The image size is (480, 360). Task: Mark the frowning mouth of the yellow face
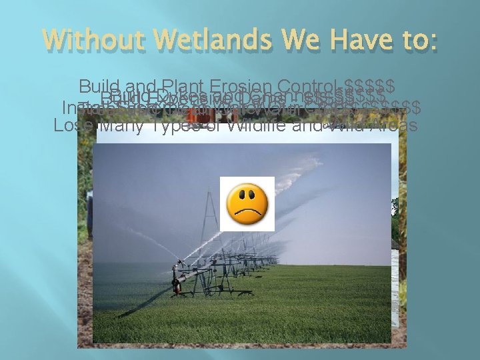[247, 213]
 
